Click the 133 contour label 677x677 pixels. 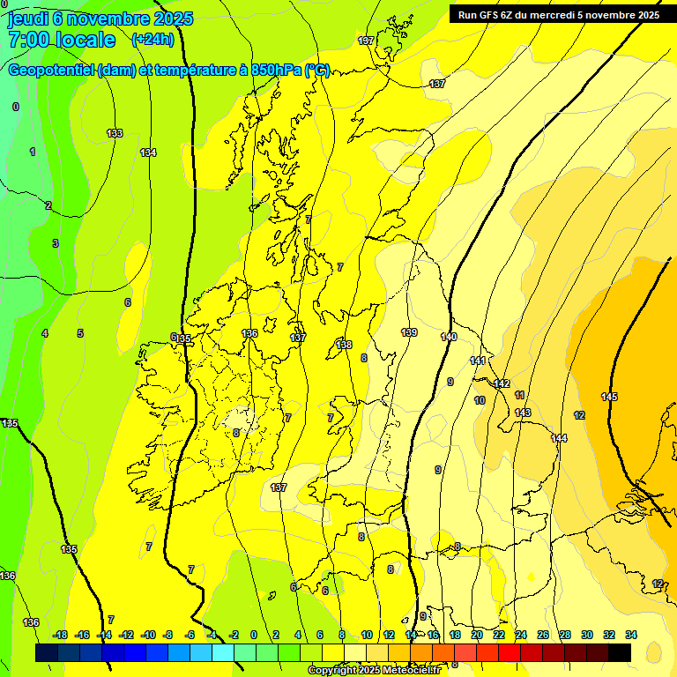[115, 133]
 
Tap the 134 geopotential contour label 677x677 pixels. [148, 153]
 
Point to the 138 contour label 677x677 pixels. [344, 345]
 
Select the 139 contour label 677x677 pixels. [409, 332]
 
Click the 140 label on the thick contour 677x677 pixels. [449, 337]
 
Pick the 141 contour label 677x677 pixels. [478, 361]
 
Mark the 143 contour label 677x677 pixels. [523, 413]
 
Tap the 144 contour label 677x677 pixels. [559, 438]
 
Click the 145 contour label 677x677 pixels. [609, 397]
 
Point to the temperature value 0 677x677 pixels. [16, 107]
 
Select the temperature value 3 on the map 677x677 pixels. [55, 243]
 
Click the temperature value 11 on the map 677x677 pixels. [520, 395]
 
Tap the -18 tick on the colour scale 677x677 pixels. [61, 635]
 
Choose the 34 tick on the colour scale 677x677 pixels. [631, 635]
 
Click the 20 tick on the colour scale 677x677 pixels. [477, 635]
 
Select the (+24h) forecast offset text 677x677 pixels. [153, 40]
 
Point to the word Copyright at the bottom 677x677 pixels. [333, 671]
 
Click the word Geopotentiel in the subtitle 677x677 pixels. [50, 71]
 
